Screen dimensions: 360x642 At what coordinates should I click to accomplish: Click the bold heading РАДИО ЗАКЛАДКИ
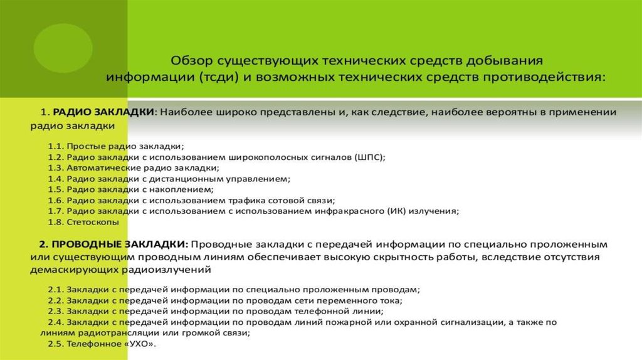tap(103, 112)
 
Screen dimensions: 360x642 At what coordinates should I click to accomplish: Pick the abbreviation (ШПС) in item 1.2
tap(369, 157)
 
